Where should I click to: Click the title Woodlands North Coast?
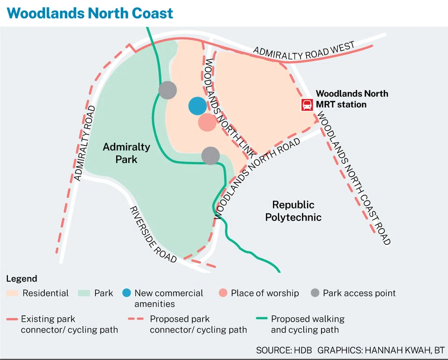pyautogui.click(x=90, y=13)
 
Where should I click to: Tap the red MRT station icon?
pyautogui.click(x=307, y=104)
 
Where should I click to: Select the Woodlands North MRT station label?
pyautogui.click(x=352, y=99)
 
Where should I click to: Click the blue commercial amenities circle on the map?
pyautogui.click(x=197, y=106)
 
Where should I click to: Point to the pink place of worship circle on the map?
pyautogui.click(x=207, y=123)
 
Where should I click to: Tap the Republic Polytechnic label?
pyautogui.click(x=293, y=211)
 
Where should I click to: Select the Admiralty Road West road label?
pyautogui.click(x=304, y=51)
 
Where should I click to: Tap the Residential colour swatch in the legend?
pyautogui.click(x=13, y=293)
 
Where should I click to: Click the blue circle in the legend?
pyautogui.click(x=126, y=293)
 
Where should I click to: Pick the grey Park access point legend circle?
pyautogui.click(x=315, y=293)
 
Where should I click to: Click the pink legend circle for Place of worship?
pyautogui.click(x=223, y=293)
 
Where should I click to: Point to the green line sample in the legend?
pyautogui.click(x=262, y=319)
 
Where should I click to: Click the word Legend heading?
pyautogui.click(x=21, y=279)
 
